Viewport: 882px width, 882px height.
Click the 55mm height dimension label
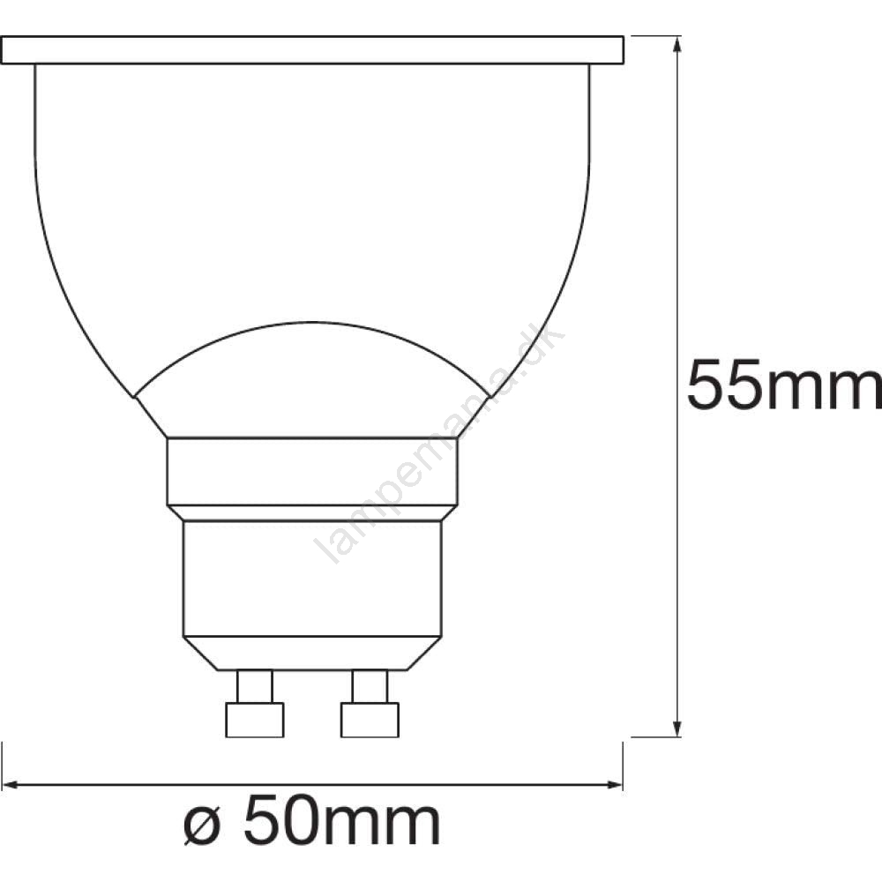click(784, 385)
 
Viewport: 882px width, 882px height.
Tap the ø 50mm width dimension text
click(311, 820)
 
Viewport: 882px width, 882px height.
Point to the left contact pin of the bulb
click(255, 703)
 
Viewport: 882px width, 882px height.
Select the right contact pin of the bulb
click(370, 703)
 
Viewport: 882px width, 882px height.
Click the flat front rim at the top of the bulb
click(312, 50)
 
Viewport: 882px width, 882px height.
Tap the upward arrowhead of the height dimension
click(677, 45)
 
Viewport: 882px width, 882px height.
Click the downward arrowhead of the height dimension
click(677, 728)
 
